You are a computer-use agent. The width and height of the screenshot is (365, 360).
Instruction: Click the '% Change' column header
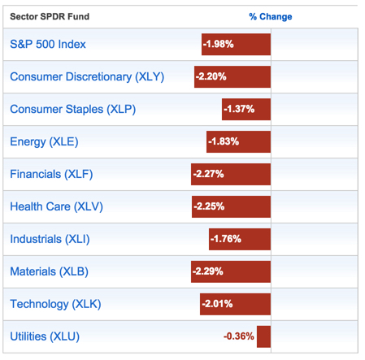tap(270, 16)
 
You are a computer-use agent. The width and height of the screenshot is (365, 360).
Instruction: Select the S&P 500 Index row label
tap(48, 44)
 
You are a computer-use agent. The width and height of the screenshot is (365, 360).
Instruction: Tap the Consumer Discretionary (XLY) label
tap(87, 76)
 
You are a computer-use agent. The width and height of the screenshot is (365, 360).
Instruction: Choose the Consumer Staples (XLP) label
tap(74, 109)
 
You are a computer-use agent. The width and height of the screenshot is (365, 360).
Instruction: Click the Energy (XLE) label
tap(45, 141)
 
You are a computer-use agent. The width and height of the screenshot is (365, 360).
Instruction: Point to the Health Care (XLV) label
tap(56, 206)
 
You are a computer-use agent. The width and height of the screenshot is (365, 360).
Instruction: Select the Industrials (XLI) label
tap(50, 239)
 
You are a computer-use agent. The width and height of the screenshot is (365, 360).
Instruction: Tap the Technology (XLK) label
tap(54, 303)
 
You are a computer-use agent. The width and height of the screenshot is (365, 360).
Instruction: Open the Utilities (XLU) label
tap(45, 336)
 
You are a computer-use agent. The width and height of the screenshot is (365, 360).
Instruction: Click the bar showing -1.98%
tap(236, 44)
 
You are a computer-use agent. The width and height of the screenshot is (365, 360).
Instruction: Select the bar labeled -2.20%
tap(232, 76)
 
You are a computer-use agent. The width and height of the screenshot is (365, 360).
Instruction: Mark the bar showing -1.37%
tap(246, 109)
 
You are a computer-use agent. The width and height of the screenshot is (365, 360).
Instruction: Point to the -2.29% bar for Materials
tap(231, 271)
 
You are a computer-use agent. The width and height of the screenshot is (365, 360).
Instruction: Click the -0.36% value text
tap(238, 336)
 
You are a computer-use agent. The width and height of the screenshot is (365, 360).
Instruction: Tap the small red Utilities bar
tap(263, 336)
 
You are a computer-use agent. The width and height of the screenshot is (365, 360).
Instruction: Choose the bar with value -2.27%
tap(231, 174)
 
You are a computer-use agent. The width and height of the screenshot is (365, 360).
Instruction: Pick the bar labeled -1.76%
tap(240, 239)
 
